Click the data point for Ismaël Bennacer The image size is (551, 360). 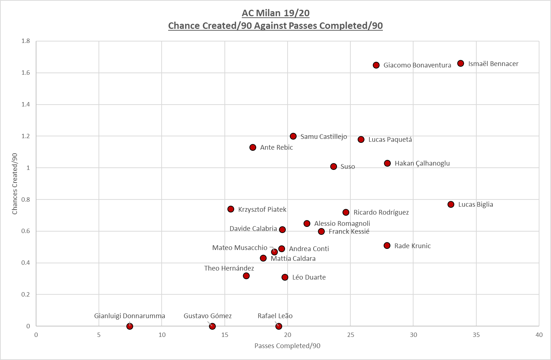(x=460, y=63)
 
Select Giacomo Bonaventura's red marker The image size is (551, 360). (x=376, y=65)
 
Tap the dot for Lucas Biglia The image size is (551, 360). (x=451, y=205)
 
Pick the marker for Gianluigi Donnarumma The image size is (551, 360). (x=130, y=326)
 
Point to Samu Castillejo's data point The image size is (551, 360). (x=293, y=136)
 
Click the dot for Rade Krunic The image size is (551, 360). (x=387, y=246)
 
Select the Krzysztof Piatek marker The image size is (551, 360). (x=231, y=209)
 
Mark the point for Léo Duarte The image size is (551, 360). (x=285, y=277)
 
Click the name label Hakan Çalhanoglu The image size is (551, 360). (x=422, y=163)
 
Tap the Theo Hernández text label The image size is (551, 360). (x=229, y=268)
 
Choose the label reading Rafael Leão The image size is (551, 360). (x=275, y=316)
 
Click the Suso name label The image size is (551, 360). (x=347, y=167)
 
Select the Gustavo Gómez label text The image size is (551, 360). (x=207, y=316)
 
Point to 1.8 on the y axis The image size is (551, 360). (x=26, y=41)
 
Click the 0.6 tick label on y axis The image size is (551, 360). (x=26, y=231)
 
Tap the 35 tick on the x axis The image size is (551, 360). (x=476, y=335)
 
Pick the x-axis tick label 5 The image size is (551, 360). (x=99, y=335)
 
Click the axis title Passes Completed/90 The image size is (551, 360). (x=287, y=346)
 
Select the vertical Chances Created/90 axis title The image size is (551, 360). (x=15, y=184)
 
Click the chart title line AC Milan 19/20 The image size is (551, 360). (x=275, y=13)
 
